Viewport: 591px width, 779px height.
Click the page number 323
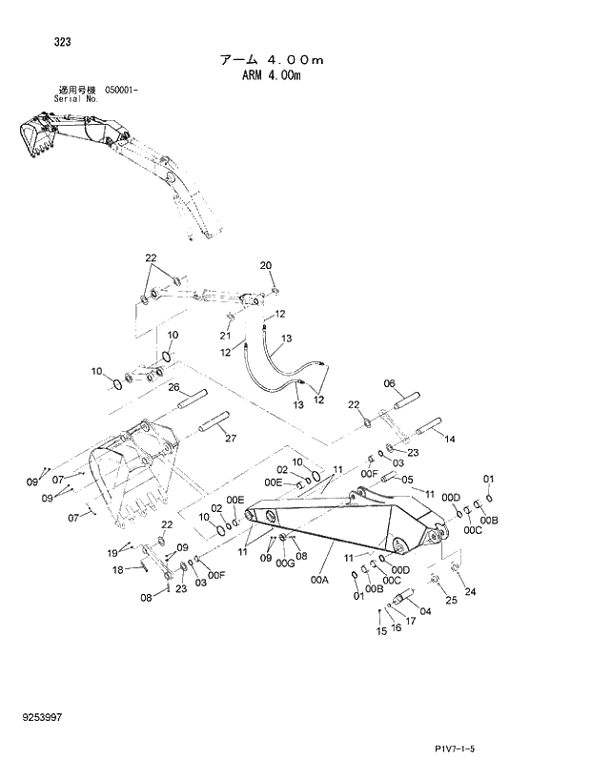37,42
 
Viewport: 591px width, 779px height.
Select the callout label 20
266,265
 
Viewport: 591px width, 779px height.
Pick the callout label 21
226,335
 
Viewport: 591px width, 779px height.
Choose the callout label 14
450,439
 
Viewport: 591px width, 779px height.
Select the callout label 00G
285,564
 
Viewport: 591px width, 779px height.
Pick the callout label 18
119,570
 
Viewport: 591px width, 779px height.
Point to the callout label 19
112,553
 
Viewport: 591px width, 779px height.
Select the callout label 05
407,480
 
